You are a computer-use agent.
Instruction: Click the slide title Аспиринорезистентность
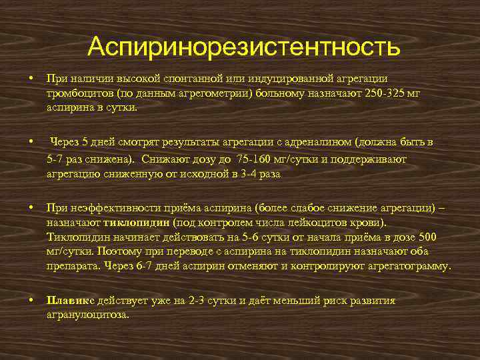point(243,47)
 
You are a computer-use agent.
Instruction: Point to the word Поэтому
point(117,252)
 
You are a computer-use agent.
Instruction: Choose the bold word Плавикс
point(70,301)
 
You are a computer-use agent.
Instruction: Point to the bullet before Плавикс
point(31,301)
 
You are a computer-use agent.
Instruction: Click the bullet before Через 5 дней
point(31,142)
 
